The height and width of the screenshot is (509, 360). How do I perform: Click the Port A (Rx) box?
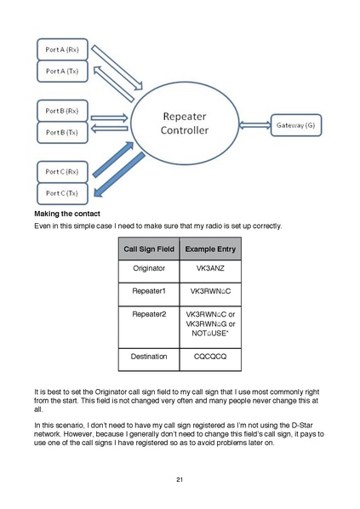(62, 49)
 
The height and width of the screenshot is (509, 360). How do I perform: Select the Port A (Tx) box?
(62, 71)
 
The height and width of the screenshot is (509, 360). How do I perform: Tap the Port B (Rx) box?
(62, 111)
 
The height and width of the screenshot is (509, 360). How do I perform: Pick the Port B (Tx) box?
(62, 133)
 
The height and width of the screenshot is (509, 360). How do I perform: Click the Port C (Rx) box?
(62, 172)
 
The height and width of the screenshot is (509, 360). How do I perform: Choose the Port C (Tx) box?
(62, 193)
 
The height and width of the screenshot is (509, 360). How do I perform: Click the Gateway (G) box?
(296, 125)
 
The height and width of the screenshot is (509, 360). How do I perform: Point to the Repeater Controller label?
(185, 123)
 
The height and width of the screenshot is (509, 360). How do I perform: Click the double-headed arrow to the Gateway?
(254, 125)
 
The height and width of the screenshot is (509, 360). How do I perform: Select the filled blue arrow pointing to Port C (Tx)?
(119, 174)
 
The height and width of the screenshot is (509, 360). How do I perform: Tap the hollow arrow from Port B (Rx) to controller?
(110, 117)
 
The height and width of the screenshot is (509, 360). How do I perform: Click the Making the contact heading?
(67, 214)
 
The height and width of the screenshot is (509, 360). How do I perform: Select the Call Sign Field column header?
(149, 249)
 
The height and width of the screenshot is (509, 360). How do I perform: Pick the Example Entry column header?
(210, 249)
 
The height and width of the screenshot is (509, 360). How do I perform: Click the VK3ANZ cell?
(210, 268)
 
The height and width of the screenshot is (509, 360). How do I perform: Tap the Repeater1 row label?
(149, 291)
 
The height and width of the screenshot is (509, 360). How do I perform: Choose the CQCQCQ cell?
(210, 357)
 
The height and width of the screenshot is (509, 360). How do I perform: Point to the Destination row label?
(149, 357)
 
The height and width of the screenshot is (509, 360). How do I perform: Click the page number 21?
(180, 479)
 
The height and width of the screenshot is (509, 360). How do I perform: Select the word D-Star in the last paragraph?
(302, 426)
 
